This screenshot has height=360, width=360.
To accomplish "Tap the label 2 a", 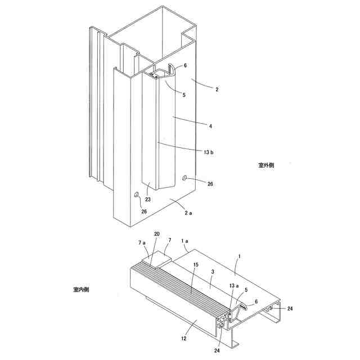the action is (188, 213).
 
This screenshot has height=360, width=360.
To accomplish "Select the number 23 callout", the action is (148, 199).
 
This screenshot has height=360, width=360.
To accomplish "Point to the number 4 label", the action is (210, 127).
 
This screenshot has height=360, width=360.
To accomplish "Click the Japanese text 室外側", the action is (266, 165).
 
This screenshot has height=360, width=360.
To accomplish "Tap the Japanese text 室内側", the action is (80, 290).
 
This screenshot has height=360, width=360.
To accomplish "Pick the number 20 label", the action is (156, 234).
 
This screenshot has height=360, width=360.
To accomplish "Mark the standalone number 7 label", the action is (169, 241).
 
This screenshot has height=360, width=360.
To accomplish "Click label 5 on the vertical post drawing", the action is (183, 94).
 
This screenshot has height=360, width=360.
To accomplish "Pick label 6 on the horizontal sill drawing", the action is (255, 302).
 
